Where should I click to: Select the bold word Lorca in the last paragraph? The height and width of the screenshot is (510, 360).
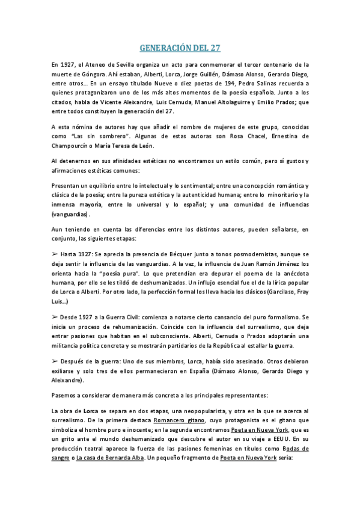point(91,393)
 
